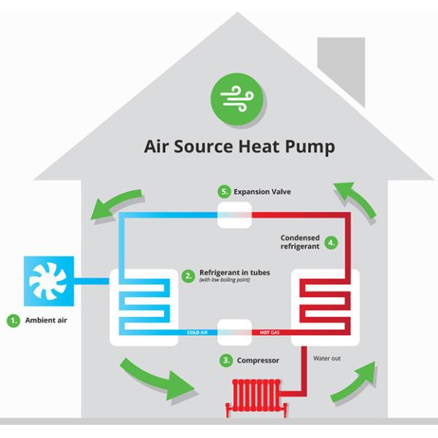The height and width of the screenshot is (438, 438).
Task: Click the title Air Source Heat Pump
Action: [239, 147]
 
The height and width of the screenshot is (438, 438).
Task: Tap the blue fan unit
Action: [50, 279]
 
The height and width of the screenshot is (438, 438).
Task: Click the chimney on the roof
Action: [341, 69]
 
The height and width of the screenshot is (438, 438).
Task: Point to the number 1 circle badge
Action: [13, 320]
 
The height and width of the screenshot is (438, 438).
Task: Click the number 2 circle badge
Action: [188, 276]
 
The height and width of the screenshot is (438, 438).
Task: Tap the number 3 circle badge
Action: [226, 360]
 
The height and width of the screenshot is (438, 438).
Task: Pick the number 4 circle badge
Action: [331, 242]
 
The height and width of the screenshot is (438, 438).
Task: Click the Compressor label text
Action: [258, 360]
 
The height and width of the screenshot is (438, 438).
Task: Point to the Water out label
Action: [327, 358]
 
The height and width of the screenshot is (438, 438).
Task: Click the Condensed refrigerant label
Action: [301, 242]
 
